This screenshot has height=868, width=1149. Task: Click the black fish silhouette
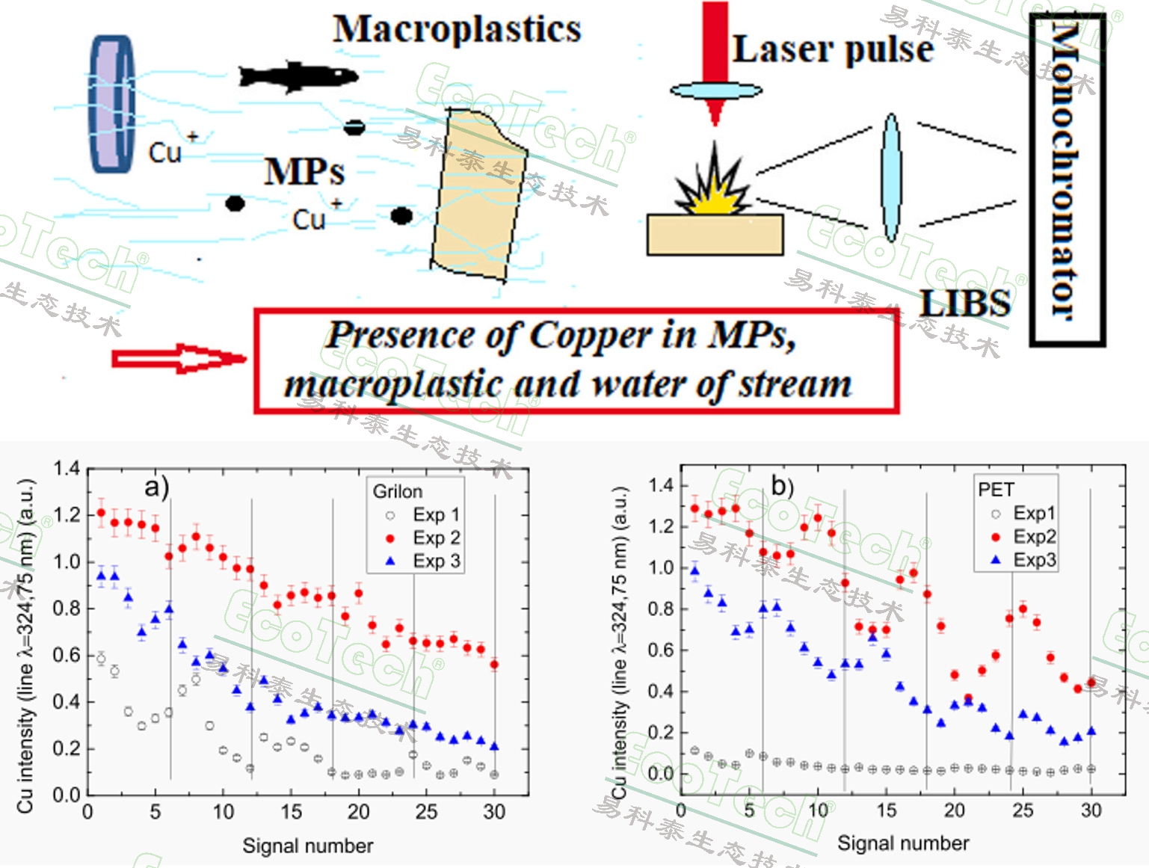click(298, 76)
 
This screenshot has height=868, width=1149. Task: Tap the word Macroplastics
click(457, 30)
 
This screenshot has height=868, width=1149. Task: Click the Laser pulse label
click(833, 49)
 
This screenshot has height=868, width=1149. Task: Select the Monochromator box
click(1067, 179)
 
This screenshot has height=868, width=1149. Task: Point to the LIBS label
click(965, 304)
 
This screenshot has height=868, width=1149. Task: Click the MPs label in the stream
click(304, 172)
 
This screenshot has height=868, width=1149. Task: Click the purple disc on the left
click(112, 104)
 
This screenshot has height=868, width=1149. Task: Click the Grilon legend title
click(398, 491)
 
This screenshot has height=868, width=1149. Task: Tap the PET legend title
click(996, 490)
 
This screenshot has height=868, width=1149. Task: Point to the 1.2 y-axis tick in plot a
click(67, 514)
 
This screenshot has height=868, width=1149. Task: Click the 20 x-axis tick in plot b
click(954, 810)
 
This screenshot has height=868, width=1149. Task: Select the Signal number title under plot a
click(307, 846)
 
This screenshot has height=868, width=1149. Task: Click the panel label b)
click(782, 487)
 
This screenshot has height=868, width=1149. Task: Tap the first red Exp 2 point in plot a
click(101, 513)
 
